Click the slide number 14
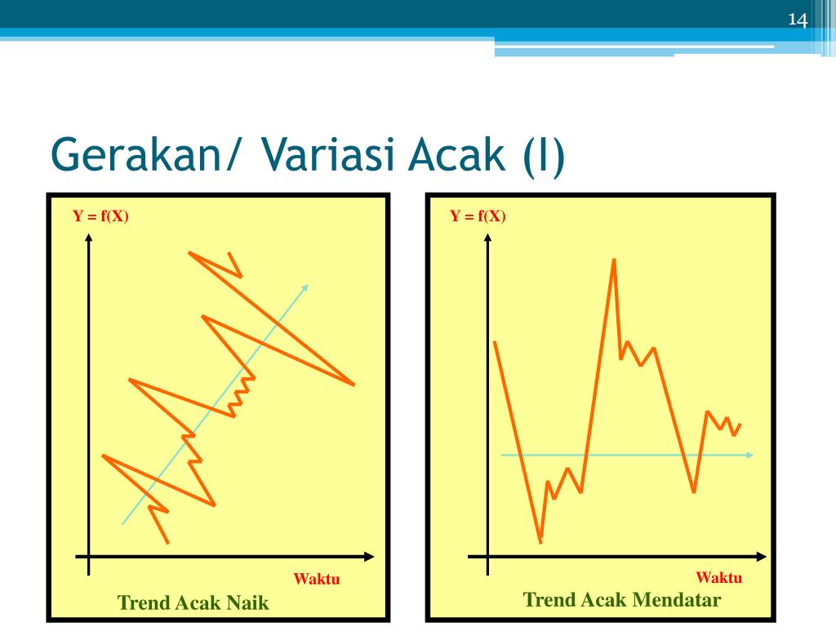(x=798, y=20)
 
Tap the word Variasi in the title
(x=328, y=154)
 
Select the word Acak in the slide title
(x=456, y=154)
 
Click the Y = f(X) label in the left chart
(x=100, y=216)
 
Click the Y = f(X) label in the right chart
(x=478, y=216)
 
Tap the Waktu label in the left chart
(x=317, y=579)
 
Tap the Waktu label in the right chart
(x=718, y=577)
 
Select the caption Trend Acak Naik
(x=193, y=603)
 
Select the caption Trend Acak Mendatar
(x=621, y=600)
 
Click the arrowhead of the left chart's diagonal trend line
(x=305, y=287)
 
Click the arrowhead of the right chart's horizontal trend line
(x=749, y=455)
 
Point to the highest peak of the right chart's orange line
(x=614, y=260)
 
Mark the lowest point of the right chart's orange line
(x=540, y=542)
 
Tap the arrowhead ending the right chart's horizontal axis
(x=762, y=557)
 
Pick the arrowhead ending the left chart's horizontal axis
(x=370, y=557)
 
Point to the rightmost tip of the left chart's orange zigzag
(x=354, y=384)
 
